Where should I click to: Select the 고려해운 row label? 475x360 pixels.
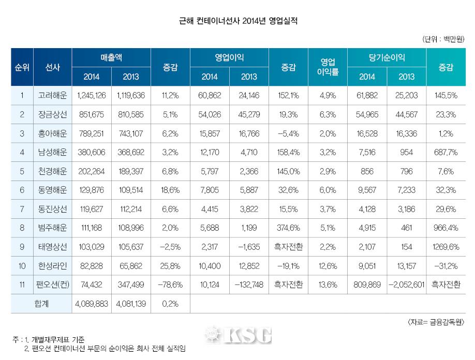[x=52, y=95]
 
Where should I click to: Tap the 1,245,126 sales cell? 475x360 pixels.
[x=91, y=95]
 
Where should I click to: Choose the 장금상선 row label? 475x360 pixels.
[x=52, y=114]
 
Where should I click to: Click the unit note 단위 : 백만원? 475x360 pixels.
[x=443, y=39]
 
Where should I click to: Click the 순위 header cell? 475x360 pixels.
[x=22, y=67]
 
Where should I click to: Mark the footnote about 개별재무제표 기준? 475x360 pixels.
[x=52, y=340]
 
